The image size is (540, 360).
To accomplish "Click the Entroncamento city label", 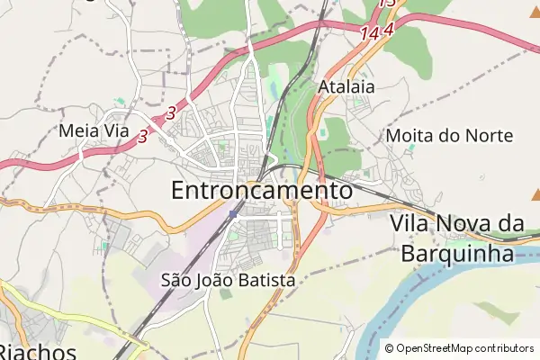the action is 261,191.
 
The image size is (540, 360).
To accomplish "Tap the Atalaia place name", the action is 346,87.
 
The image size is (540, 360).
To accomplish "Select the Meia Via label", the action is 94,130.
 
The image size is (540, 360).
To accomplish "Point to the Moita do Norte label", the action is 449,136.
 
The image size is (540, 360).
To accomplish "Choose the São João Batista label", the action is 228,281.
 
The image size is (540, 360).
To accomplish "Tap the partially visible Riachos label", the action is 36,351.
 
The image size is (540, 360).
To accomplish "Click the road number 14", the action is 369,33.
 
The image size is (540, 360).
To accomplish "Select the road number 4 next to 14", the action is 389,29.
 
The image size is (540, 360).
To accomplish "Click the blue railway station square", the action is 233,213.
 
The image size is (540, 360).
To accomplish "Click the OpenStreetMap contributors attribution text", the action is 464,348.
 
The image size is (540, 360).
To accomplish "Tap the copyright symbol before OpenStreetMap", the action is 389,348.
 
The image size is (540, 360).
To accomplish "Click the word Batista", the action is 265,281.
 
